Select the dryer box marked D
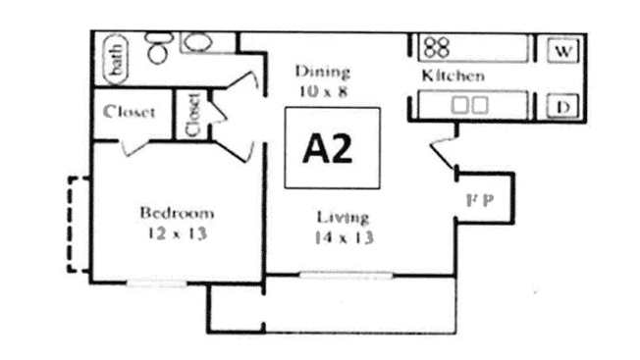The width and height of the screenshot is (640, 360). (x=563, y=106)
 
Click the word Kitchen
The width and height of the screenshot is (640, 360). (x=453, y=76)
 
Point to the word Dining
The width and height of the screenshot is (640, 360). (x=322, y=72)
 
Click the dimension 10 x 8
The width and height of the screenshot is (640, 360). (x=322, y=90)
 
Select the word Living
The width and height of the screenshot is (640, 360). (x=343, y=217)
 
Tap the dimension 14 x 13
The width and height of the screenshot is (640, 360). (x=345, y=237)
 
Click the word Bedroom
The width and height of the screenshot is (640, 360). (x=177, y=213)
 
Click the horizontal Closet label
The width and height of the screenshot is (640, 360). (x=130, y=112)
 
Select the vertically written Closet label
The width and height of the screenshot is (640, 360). (x=191, y=113)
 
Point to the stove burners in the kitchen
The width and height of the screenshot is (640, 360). (x=438, y=46)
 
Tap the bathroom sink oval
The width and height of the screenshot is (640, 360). (x=200, y=42)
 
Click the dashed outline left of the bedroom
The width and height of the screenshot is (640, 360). (x=72, y=224)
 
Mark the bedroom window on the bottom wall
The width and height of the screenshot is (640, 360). (x=157, y=283)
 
